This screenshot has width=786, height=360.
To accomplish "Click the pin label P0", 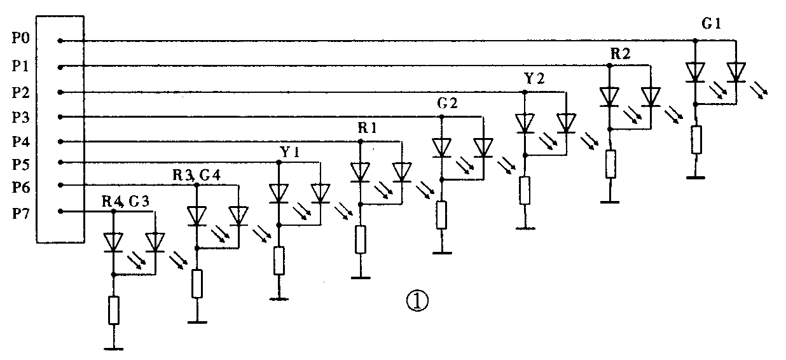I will (x=20, y=39).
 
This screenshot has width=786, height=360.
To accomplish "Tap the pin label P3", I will (x=20, y=117).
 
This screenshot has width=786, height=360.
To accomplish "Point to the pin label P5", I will (x=20, y=164).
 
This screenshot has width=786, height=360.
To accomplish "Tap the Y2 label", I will (x=534, y=79).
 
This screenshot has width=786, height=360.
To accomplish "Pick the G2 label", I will (x=448, y=104).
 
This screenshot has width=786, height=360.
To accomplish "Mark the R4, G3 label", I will (x=125, y=202).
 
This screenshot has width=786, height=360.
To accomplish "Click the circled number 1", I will (x=418, y=300).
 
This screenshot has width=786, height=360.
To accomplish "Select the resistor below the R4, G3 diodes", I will (x=113, y=310).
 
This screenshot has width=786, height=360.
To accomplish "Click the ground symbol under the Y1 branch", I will (x=279, y=298).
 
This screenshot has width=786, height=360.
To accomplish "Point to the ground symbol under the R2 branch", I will (x=610, y=202).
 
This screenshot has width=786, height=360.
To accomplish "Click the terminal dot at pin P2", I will (x=60, y=92).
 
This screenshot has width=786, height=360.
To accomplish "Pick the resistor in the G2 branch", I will (x=441, y=214).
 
